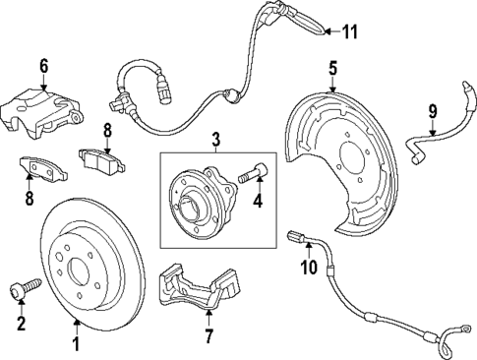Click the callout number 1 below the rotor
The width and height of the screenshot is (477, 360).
point(76,345)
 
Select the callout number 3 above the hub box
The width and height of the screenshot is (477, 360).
point(216,140)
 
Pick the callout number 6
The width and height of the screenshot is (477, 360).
point(43,65)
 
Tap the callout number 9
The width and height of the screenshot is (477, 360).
point(431,109)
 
